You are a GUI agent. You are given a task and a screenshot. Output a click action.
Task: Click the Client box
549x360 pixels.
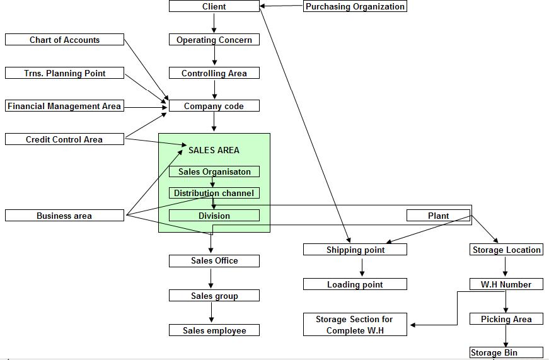214,6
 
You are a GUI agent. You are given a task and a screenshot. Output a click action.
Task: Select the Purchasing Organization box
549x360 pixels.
355,6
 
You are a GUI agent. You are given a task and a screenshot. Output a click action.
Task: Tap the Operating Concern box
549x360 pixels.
214,40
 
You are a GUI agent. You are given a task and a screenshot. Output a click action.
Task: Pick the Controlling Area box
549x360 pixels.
214,73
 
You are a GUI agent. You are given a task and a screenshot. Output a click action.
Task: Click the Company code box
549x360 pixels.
214,106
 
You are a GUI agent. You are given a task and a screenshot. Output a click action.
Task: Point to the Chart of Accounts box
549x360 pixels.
64,40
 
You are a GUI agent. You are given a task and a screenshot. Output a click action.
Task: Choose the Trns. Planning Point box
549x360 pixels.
64,73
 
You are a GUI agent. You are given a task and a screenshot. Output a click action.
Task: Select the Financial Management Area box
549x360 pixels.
64,106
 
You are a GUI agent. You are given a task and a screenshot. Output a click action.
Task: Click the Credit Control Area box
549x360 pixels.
64,139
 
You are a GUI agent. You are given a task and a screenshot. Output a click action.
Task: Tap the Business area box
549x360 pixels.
64,216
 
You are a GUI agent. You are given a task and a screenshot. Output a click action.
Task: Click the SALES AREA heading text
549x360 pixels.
214,150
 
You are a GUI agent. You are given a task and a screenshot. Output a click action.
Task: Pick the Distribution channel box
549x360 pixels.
214,193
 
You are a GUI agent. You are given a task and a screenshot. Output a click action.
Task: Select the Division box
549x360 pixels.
214,216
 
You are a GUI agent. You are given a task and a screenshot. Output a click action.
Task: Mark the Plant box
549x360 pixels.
438,216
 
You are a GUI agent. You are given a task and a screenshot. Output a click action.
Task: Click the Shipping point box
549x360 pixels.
355,250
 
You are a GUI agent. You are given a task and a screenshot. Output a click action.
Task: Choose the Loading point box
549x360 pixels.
355,284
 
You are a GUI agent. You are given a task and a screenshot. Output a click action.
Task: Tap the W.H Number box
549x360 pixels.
506,284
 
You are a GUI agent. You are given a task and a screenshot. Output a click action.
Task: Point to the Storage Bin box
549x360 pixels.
506,352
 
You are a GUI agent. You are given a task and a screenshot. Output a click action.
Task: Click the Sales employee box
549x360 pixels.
214,330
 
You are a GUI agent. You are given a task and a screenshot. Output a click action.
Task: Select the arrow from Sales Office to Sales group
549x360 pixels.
211,278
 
